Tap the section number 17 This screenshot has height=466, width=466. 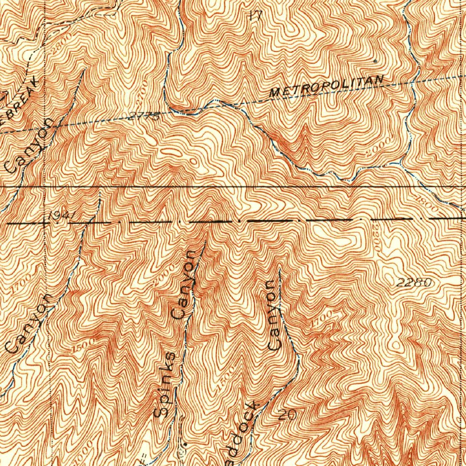click(255, 15)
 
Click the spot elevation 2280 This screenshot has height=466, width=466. click(413, 283)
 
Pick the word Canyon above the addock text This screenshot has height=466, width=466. click(274, 315)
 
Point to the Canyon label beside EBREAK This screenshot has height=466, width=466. click(30, 146)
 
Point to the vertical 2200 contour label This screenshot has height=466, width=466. click(376, 237)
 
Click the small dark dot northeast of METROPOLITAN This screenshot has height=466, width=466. click(375, 60)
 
